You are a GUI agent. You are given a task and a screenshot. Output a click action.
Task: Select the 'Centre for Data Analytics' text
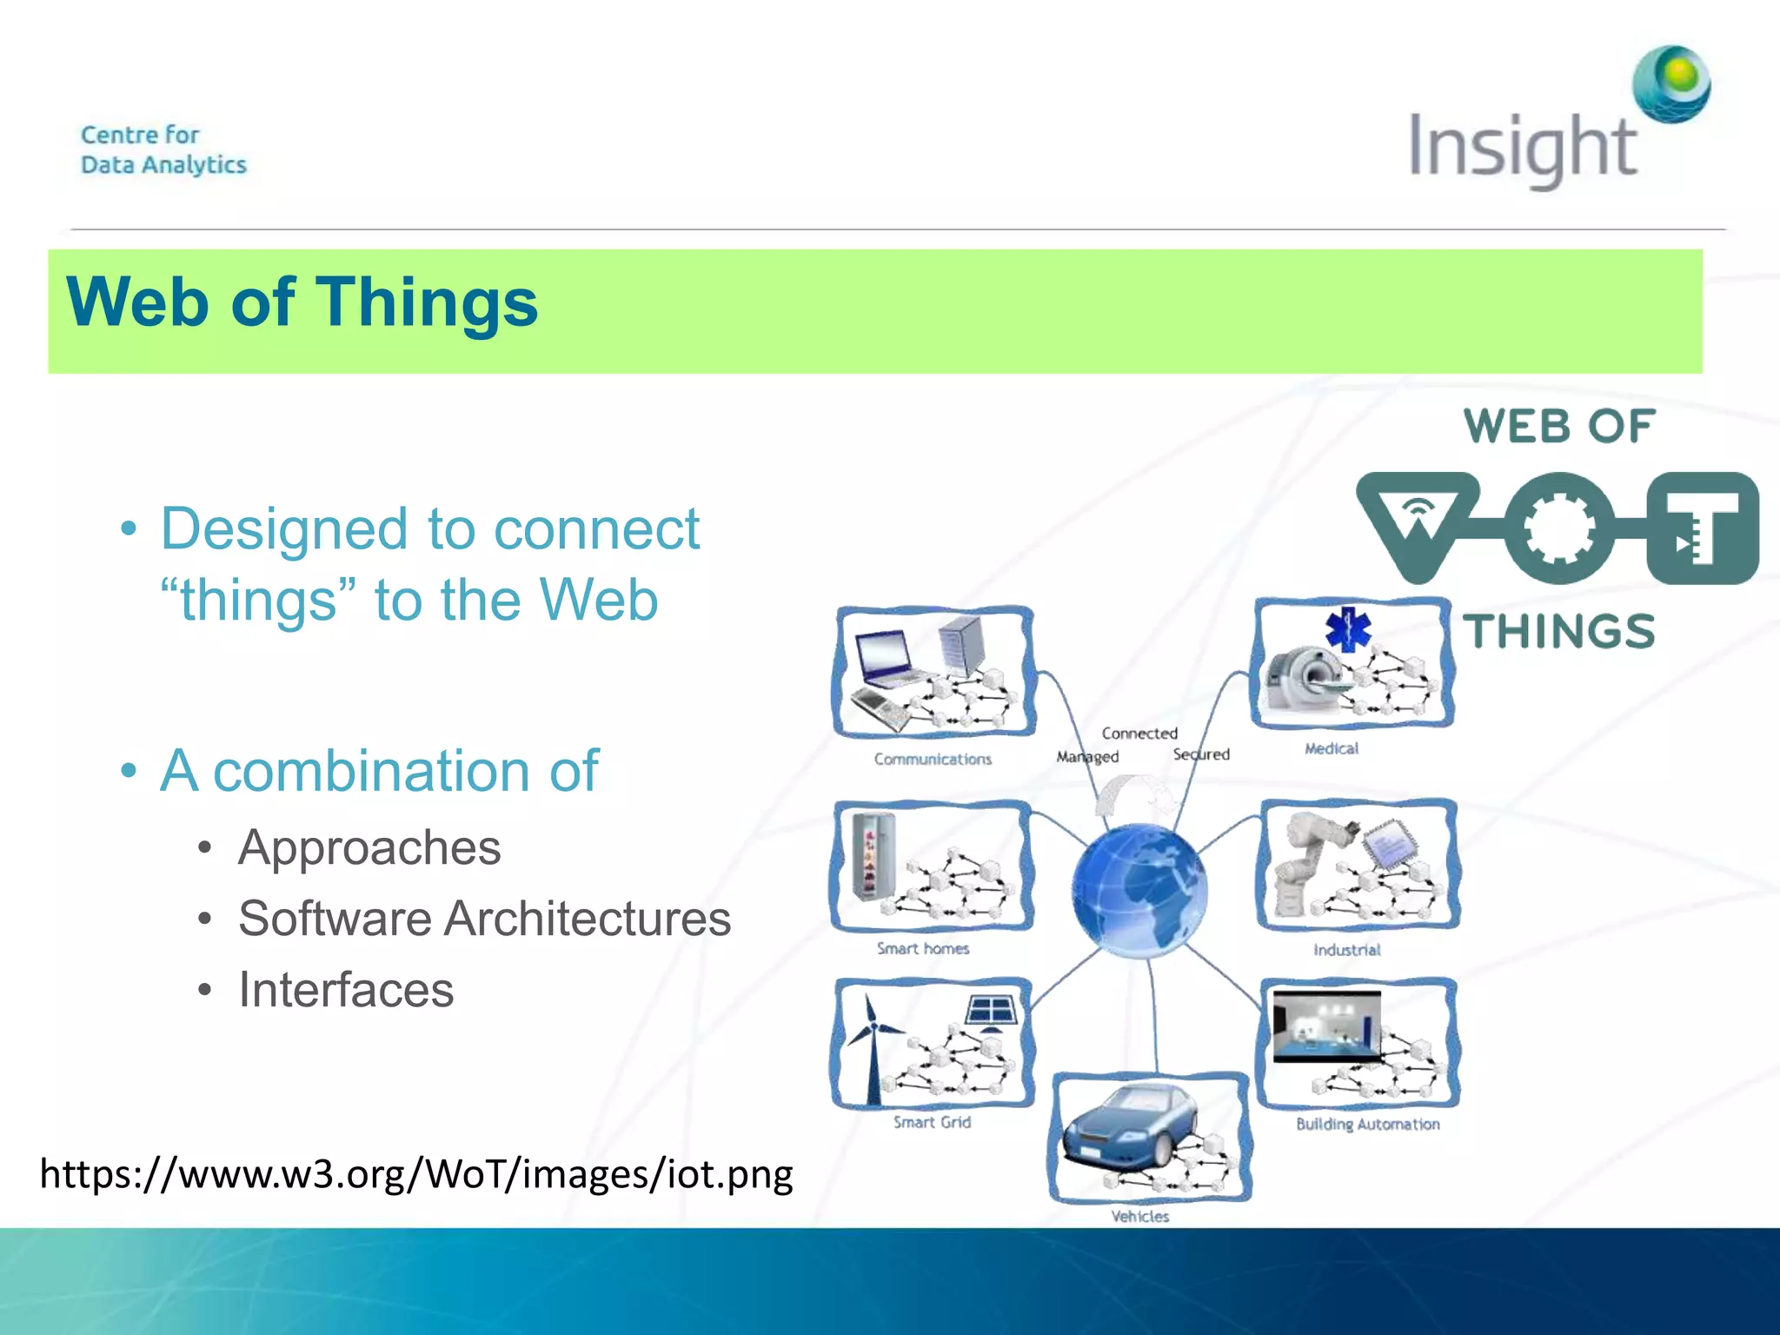(163, 149)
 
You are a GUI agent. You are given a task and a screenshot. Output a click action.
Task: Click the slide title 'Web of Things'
(302, 302)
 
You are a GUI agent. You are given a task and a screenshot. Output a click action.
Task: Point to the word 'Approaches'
(369, 847)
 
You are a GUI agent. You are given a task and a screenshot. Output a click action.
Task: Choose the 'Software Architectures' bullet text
(484, 919)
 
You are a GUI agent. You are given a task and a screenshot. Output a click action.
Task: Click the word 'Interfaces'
(346, 990)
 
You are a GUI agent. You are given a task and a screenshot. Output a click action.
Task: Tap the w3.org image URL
(416, 1174)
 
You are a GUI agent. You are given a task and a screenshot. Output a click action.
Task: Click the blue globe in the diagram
(1139, 890)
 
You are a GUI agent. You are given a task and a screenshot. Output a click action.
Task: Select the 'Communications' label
(933, 759)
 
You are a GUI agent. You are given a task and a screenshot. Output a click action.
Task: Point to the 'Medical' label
(1331, 748)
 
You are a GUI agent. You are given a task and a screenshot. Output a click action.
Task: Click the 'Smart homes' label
(922, 948)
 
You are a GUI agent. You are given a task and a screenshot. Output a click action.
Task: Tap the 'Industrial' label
(1346, 950)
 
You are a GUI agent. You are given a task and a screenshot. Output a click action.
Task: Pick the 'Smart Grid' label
(932, 1122)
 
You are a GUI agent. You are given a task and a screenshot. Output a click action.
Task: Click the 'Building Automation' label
(1367, 1124)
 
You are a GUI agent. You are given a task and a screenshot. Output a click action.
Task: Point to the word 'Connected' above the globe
(1139, 734)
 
